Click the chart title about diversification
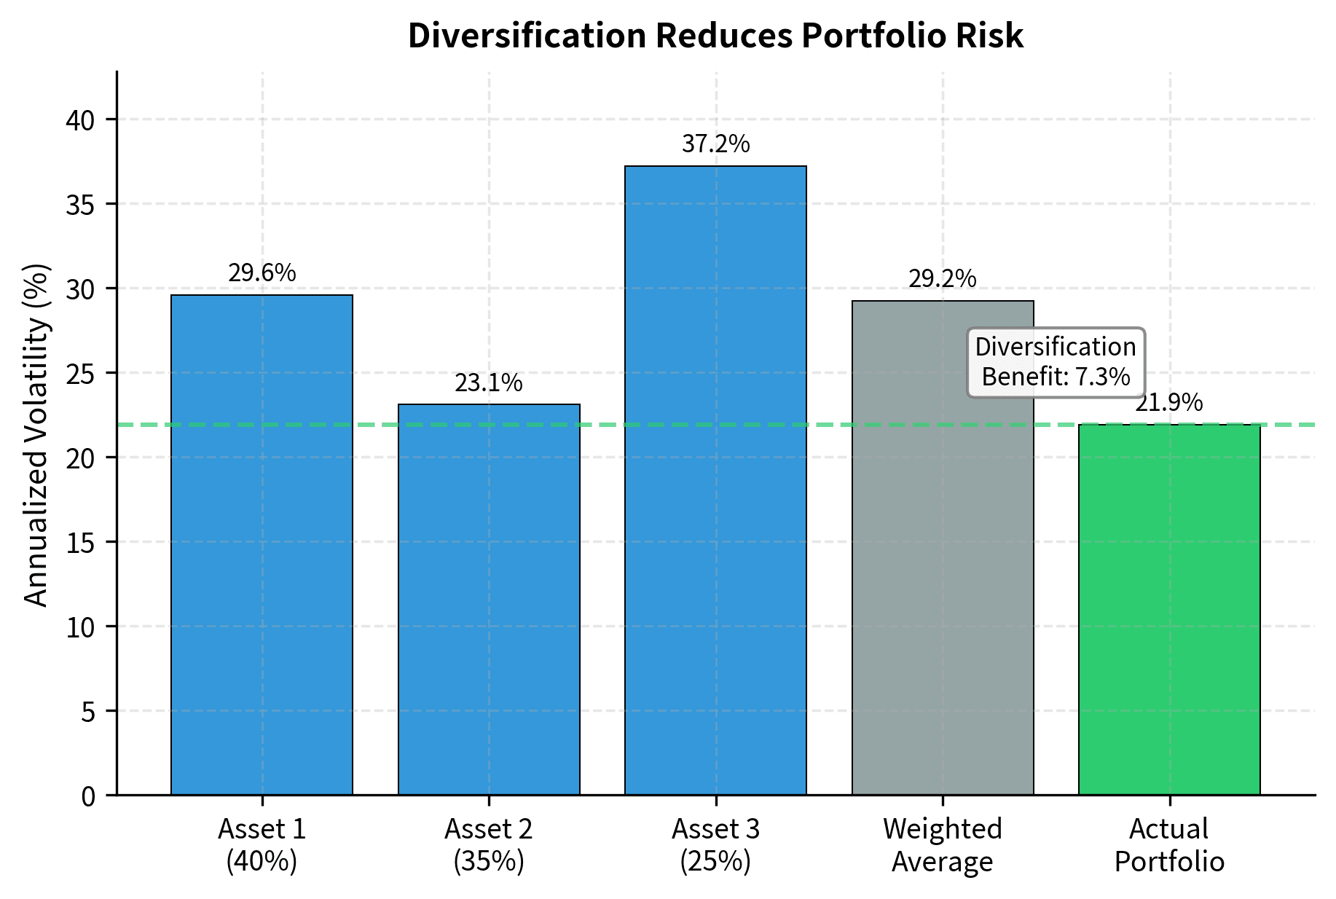[x=715, y=36]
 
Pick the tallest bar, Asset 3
[x=715, y=480]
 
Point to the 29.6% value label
[x=262, y=273]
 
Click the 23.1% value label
[x=489, y=383]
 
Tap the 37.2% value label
[x=715, y=144]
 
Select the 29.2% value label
[x=943, y=279]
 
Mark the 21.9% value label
[x=1169, y=403]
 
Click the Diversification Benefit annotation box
[x=1056, y=362]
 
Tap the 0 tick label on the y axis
[x=88, y=796]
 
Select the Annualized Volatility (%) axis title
[x=36, y=435]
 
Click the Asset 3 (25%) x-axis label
[x=715, y=845]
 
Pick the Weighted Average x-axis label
[x=943, y=845]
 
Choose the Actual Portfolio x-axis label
[x=1169, y=845]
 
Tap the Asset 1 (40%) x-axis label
[x=262, y=845]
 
